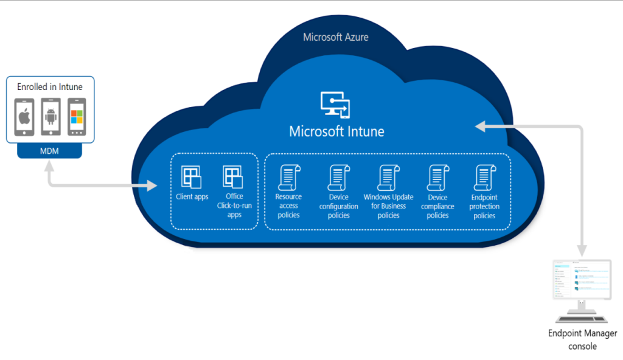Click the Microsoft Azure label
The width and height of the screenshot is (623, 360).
tap(335, 37)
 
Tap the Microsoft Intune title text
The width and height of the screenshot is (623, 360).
tap(336, 131)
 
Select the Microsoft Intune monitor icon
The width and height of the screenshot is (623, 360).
tap(335, 104)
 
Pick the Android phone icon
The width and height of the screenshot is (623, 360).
tap(50, 117)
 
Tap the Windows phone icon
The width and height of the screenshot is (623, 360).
tap(76, 117)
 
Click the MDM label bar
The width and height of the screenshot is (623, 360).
tap(50, 151)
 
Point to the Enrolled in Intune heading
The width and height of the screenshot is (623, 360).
tap(50, 87)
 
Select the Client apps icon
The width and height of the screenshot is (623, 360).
tap(192, 177)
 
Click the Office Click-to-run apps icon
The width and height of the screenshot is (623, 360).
tap(234, 177)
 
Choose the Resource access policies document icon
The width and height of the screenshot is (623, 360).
tap(288, 178)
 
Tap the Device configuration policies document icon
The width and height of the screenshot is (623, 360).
tap(338, 178)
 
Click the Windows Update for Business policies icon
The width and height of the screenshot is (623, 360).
tap(388, 178)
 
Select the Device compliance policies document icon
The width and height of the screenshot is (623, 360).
tap(437, 178)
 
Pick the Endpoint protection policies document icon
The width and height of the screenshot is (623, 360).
tap(484, 178)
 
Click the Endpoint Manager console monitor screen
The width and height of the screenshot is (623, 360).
tap(582, 279)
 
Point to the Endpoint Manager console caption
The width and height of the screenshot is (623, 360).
tap(582, 339)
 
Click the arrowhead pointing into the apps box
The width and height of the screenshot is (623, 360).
tap(151, 185)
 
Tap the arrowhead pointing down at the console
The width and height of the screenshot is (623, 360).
tap(582, 249)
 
